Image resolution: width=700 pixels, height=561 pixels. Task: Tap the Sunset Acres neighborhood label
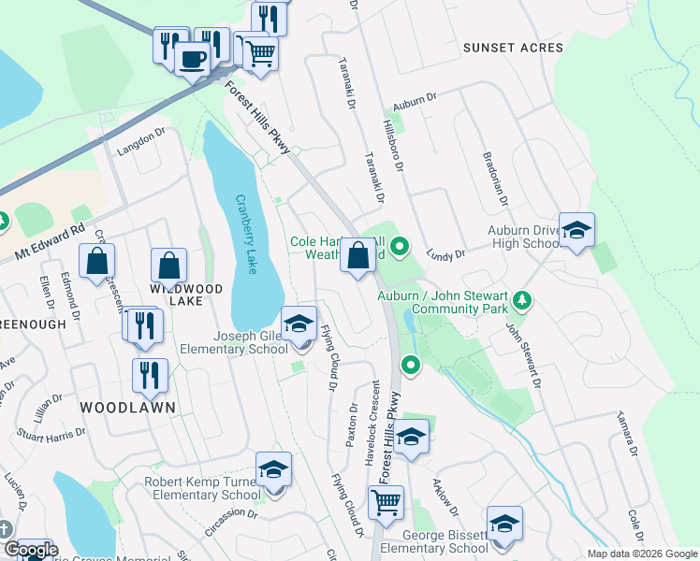513,48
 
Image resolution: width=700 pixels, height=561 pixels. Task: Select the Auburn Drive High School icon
577,231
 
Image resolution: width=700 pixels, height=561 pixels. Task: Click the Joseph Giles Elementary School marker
299,325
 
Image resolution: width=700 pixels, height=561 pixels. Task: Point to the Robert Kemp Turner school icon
273,470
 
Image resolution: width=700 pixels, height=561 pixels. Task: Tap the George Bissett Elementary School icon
504,525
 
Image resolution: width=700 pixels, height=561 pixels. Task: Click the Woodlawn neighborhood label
116,408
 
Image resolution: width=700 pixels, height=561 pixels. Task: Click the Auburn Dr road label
416,98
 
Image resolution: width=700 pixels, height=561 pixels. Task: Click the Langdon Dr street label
140,141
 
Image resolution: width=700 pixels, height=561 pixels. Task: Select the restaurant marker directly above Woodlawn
150,375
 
